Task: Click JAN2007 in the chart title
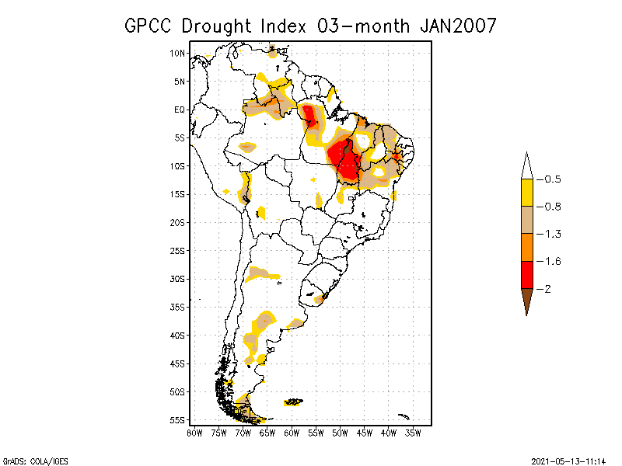tap(458, 26)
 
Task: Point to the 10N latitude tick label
tap(178, 53)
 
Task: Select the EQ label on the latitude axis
tap(180, 110)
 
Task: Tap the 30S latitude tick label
tap(178, 279)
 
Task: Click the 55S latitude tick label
tap(178, 420)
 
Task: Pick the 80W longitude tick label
tap(194, 432)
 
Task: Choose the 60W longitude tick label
tap(292, 432)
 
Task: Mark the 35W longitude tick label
tap(413, 432)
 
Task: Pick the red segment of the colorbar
tap(527, 274)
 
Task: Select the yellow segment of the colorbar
tap(527, 193)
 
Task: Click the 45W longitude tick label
tap(365, 432)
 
